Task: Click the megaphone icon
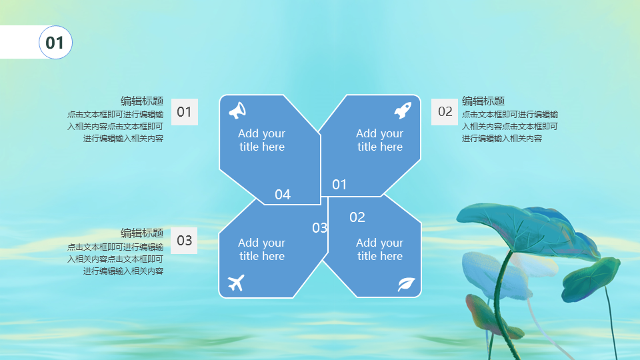[237, 110]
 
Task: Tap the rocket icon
[403, 110]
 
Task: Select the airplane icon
[236, 283]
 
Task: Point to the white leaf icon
[406, 284]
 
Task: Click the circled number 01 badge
[55, 43]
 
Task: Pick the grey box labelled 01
[185, 112]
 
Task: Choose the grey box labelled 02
[445, 112]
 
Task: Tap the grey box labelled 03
[184, 241]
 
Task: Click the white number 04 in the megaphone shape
[283, 194]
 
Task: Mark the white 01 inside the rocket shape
[339, 185]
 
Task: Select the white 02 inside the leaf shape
[357, 217]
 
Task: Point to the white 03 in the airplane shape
[319, 228]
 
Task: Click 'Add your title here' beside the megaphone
[261, 140]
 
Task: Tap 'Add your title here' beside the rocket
[379, 140]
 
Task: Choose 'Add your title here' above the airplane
[261, 249]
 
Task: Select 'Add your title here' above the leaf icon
[379, 249]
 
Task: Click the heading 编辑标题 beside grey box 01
[142, 101]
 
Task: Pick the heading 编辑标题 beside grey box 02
[483, 101]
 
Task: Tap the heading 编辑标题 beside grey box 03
[142, 233]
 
